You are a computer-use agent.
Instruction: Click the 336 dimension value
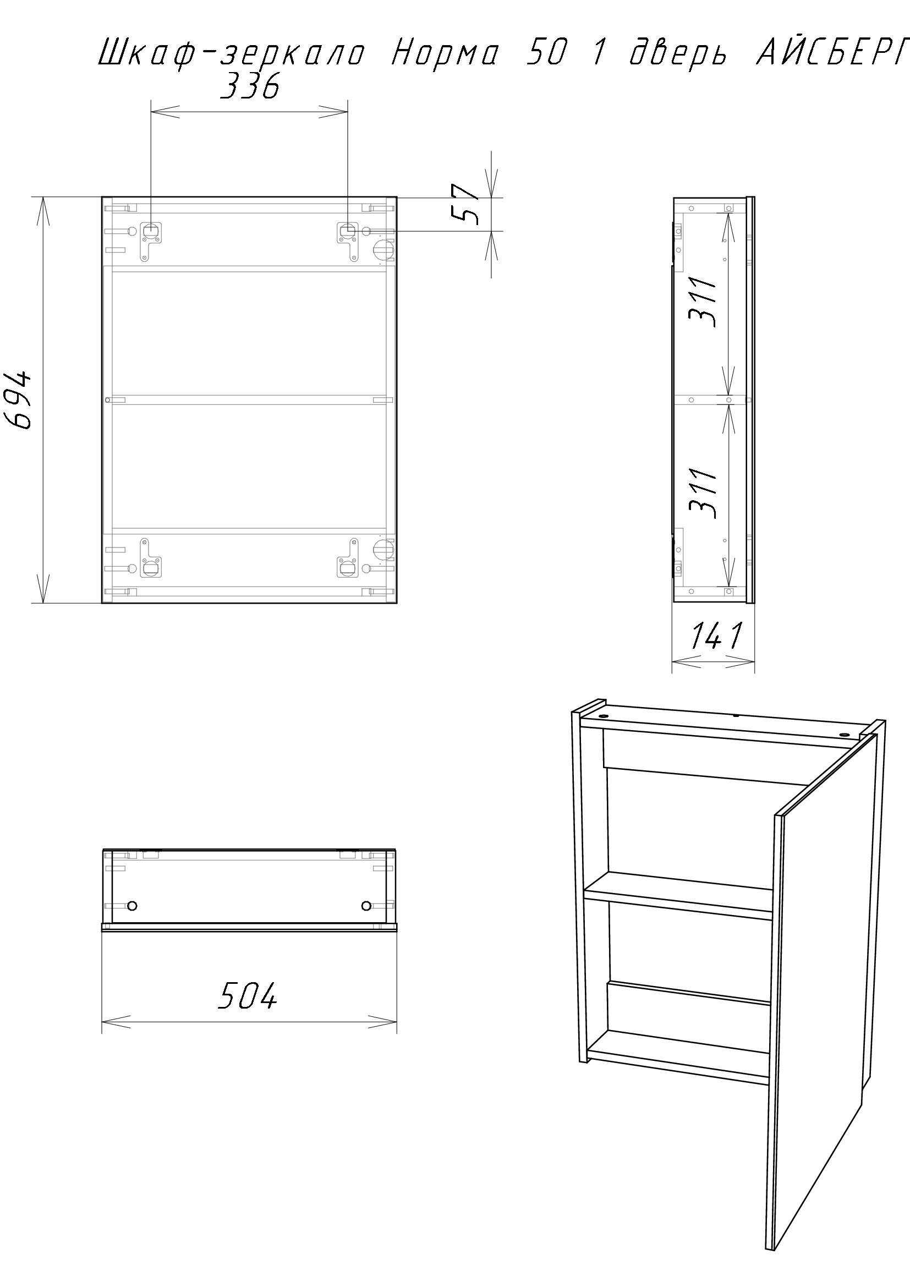click(249, 87)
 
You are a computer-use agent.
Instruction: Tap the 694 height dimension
click(24, 399)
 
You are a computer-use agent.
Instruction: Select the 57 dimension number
click(465, 204)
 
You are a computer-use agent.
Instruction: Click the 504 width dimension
click(247, 996)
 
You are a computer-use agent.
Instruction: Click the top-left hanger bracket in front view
click(151, 239)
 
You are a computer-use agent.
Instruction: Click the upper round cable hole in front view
click(385, 250)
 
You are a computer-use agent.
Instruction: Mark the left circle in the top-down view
click(132, 905)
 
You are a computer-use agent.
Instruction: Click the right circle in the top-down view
click(366, 905)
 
